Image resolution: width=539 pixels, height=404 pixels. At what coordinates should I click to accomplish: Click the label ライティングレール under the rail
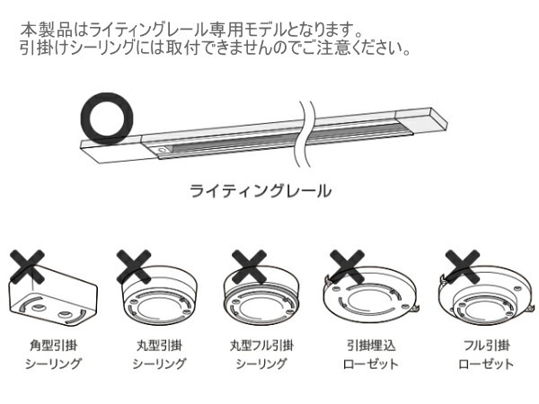point(260,191)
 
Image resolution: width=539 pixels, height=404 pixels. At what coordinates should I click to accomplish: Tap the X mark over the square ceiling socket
point(28,266)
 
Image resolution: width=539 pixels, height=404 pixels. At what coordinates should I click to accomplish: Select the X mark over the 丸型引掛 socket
point(134,266)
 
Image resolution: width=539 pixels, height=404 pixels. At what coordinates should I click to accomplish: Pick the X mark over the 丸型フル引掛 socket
point(246,266)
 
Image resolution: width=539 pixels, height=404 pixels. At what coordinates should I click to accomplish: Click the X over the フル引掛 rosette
point(464,266)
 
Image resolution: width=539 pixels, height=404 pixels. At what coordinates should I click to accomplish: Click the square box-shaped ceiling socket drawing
point(52,296)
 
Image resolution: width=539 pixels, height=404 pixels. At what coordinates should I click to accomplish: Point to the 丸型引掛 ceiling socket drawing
point(159,299)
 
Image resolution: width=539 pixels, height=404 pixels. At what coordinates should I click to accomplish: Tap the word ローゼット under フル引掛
point(485,364)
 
